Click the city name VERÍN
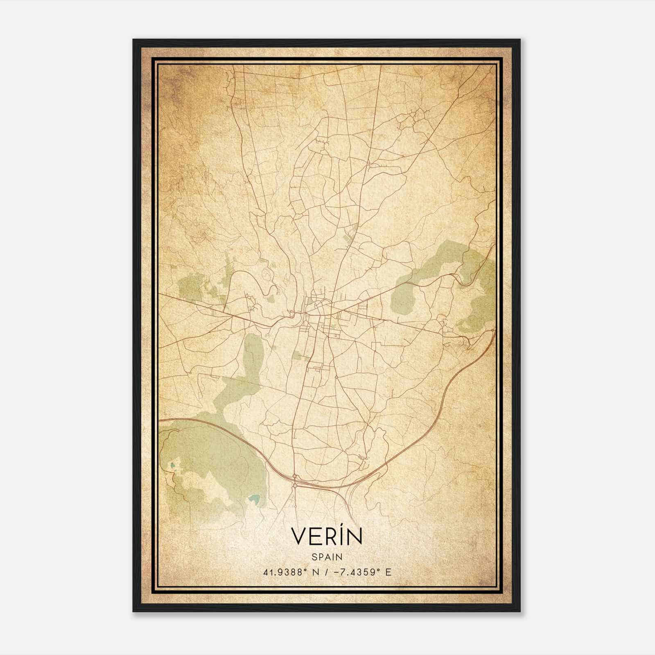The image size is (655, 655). click(x=327, y=537)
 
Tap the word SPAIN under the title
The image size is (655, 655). click(x=327, y=557)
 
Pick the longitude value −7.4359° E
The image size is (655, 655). click(x=359, y=572)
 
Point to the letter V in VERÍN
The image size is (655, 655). click(x=298, y=537)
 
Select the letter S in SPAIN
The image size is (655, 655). click(x=314, y=557)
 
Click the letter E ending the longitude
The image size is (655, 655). click(x=388, y=572)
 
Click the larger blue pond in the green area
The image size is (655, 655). click(x=254, y=499)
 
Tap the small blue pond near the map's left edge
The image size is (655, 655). click(x=172, y=465)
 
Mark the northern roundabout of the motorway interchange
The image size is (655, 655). click(x=294, y=477)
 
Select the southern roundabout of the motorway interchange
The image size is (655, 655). click(x=294, y=486)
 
